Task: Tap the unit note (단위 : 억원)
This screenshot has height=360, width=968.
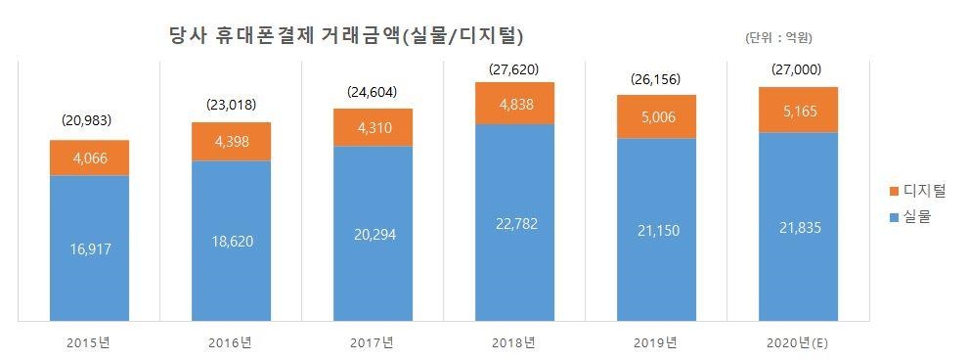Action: click(778, 39)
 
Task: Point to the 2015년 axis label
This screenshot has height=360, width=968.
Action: click(89, 343)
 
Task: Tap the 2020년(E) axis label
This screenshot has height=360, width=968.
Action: click(799, 343)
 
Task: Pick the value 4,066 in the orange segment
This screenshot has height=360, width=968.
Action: click(89, 157)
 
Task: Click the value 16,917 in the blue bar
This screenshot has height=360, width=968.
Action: click(89, 248)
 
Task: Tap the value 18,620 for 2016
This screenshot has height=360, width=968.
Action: click(231, 241)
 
